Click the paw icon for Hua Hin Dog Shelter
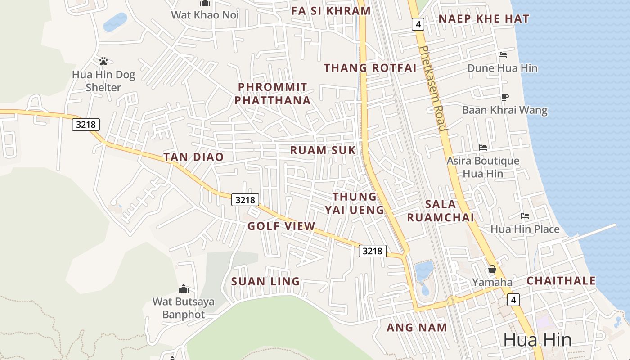103,60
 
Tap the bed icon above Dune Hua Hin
503,55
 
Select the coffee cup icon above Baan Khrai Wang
504,97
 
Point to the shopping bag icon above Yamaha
492,269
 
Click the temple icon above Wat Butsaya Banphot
183,288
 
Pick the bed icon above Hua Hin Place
525,216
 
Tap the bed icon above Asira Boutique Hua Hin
483,148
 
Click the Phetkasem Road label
432,88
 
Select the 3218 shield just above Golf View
245,199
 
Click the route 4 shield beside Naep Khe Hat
418,24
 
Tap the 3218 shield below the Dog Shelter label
85,124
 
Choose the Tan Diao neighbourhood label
193,157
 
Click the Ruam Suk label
323,150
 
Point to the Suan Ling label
265,282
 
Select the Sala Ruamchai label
441,211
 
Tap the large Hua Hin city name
537,340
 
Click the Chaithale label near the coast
561,281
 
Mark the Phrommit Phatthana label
273,94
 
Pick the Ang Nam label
417,328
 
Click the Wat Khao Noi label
205,15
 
